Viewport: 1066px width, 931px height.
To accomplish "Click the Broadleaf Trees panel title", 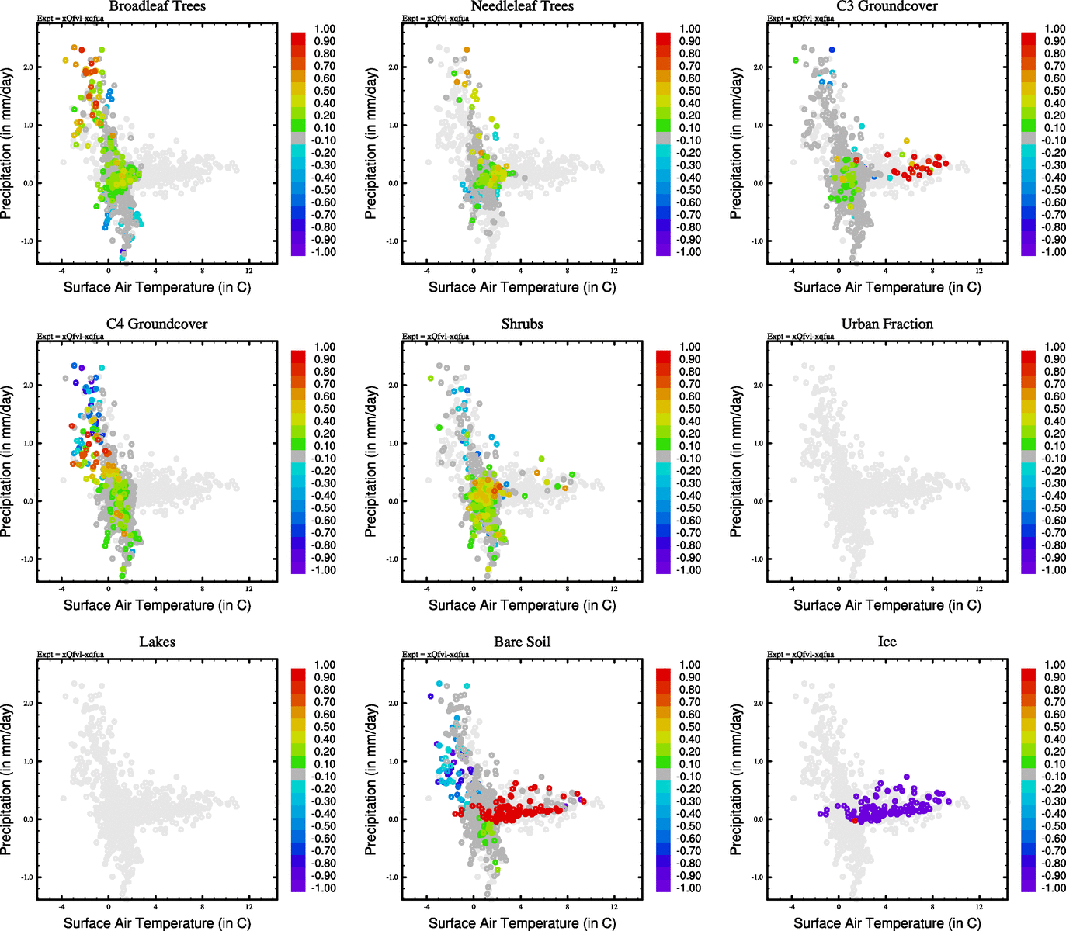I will (157, 6).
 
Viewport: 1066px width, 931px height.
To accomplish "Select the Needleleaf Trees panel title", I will (522, 6).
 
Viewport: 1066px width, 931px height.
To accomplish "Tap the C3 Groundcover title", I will (887, 6).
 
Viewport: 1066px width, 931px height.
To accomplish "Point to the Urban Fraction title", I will (887, 324).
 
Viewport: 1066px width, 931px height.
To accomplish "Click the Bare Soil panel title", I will (522, 642).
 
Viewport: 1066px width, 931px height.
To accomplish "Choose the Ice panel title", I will (887, 642).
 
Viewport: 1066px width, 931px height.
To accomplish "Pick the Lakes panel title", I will (157, 642).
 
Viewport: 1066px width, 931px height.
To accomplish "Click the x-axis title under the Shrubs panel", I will (522, 605).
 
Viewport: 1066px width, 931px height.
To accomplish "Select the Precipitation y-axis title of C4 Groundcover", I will (7, 462).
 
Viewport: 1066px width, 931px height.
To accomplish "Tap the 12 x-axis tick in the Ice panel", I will (979, 906).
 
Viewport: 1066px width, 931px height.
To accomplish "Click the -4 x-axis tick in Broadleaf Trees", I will (62, 271).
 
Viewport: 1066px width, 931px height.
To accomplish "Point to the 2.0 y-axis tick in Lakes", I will (27, 703).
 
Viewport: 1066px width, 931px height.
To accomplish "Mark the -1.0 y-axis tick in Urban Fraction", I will (757, 559).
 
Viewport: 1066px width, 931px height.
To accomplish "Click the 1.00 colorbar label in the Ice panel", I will (1054, 665).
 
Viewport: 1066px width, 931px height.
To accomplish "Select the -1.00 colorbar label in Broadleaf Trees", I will (324, 252).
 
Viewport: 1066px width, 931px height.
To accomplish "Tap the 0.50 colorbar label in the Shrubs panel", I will (689, 409).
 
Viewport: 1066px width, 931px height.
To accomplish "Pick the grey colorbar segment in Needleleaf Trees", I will (663, 139).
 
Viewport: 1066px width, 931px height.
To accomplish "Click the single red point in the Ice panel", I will (855, 820).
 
